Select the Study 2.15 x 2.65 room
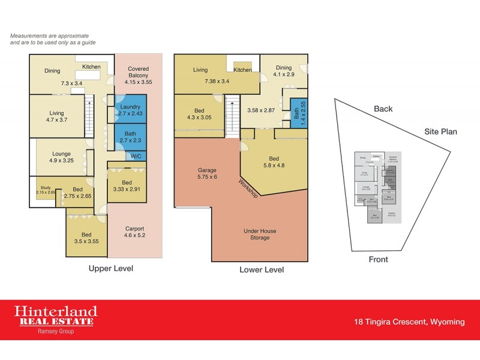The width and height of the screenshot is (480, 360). (x=46, y=190)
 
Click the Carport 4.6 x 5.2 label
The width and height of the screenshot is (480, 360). (x=134, y=232)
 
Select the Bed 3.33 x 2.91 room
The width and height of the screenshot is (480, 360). (x=127, y=186)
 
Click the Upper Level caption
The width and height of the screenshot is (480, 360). (x=111, y=269)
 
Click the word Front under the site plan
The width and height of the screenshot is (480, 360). (x=378, y=260)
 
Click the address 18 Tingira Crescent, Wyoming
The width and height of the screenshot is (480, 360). (x=409, y=322)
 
